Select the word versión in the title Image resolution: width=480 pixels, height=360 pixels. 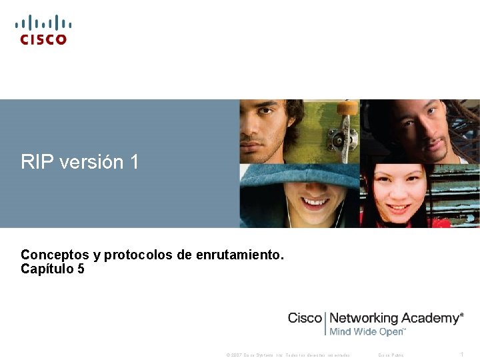pyautogui.click(x=92, y=162)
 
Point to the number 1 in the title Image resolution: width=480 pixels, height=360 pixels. pyautogui.click(x=135, y=162)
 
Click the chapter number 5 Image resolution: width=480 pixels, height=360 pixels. pyautogui.click(x=81, y=269)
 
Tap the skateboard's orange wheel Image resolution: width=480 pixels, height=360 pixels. pyautogui.click(x=347, y=107)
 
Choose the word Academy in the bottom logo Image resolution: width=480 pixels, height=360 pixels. pyautogui.click(x=434, y=318)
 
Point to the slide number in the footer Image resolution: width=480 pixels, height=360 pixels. pyautogui.click(x=462, y=355)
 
